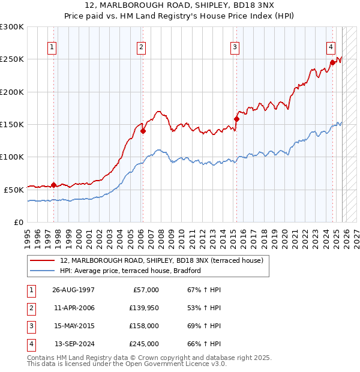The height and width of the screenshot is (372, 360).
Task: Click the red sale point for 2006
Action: click(x=143, y=131)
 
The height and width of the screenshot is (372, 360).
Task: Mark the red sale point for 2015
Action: click(x=236, y=119)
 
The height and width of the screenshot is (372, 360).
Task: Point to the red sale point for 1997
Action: click(x=54, y=185)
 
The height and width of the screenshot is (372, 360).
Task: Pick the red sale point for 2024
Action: click(x=332, y=62)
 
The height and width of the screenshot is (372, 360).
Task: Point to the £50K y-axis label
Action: click(x=14, y=190)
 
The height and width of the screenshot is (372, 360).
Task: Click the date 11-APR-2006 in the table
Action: click(x=73, y=308)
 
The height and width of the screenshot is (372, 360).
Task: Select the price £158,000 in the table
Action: click(x=145, y=326)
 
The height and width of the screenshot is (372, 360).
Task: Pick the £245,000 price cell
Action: click(x=145, y=344)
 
